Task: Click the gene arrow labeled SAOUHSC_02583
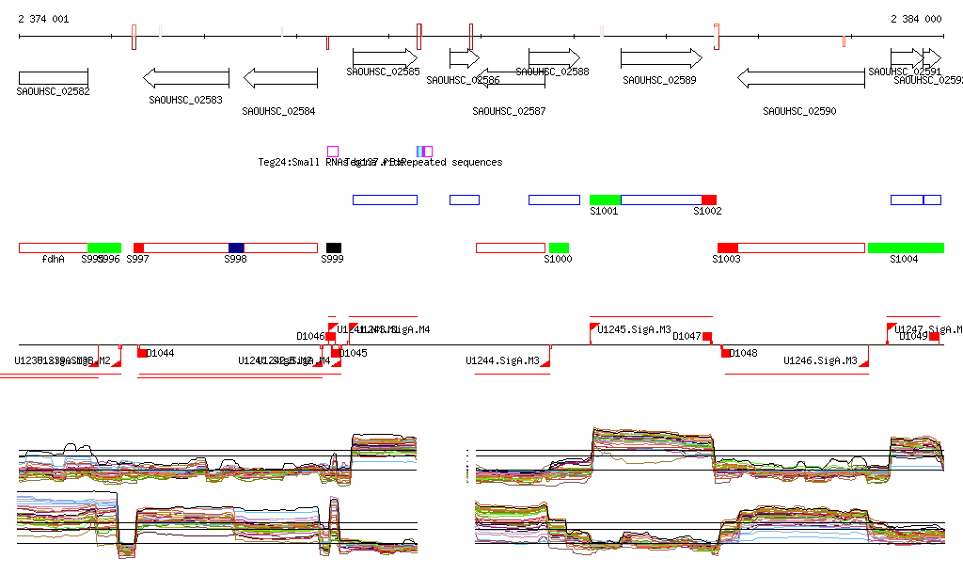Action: [x=185, y=78]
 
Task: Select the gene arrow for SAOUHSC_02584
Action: [x=279, y=78]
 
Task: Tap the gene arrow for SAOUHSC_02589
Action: [x=661, y=58]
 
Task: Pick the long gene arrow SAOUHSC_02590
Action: [x=800, y=78]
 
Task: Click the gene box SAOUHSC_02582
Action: [x=53, y=77]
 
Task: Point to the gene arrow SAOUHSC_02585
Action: [x=385, y=58]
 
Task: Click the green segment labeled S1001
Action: [x=605, y=200]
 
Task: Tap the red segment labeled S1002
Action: [x=709, y=200]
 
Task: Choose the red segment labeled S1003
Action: [x=727, y=248]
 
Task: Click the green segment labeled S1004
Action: [x=906, y=248]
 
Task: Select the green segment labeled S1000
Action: [x=559, y=248]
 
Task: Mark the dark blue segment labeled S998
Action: [x=236, y=248]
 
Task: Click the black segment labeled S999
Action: [x=334, y=248]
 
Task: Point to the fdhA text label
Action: [x=54, y=259]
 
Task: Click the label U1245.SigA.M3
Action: [x=635, y=330]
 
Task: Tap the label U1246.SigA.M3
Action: [x=820, y=360]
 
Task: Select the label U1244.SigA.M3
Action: [x=502, y=360]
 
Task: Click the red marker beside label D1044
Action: [x=141, y=353]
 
